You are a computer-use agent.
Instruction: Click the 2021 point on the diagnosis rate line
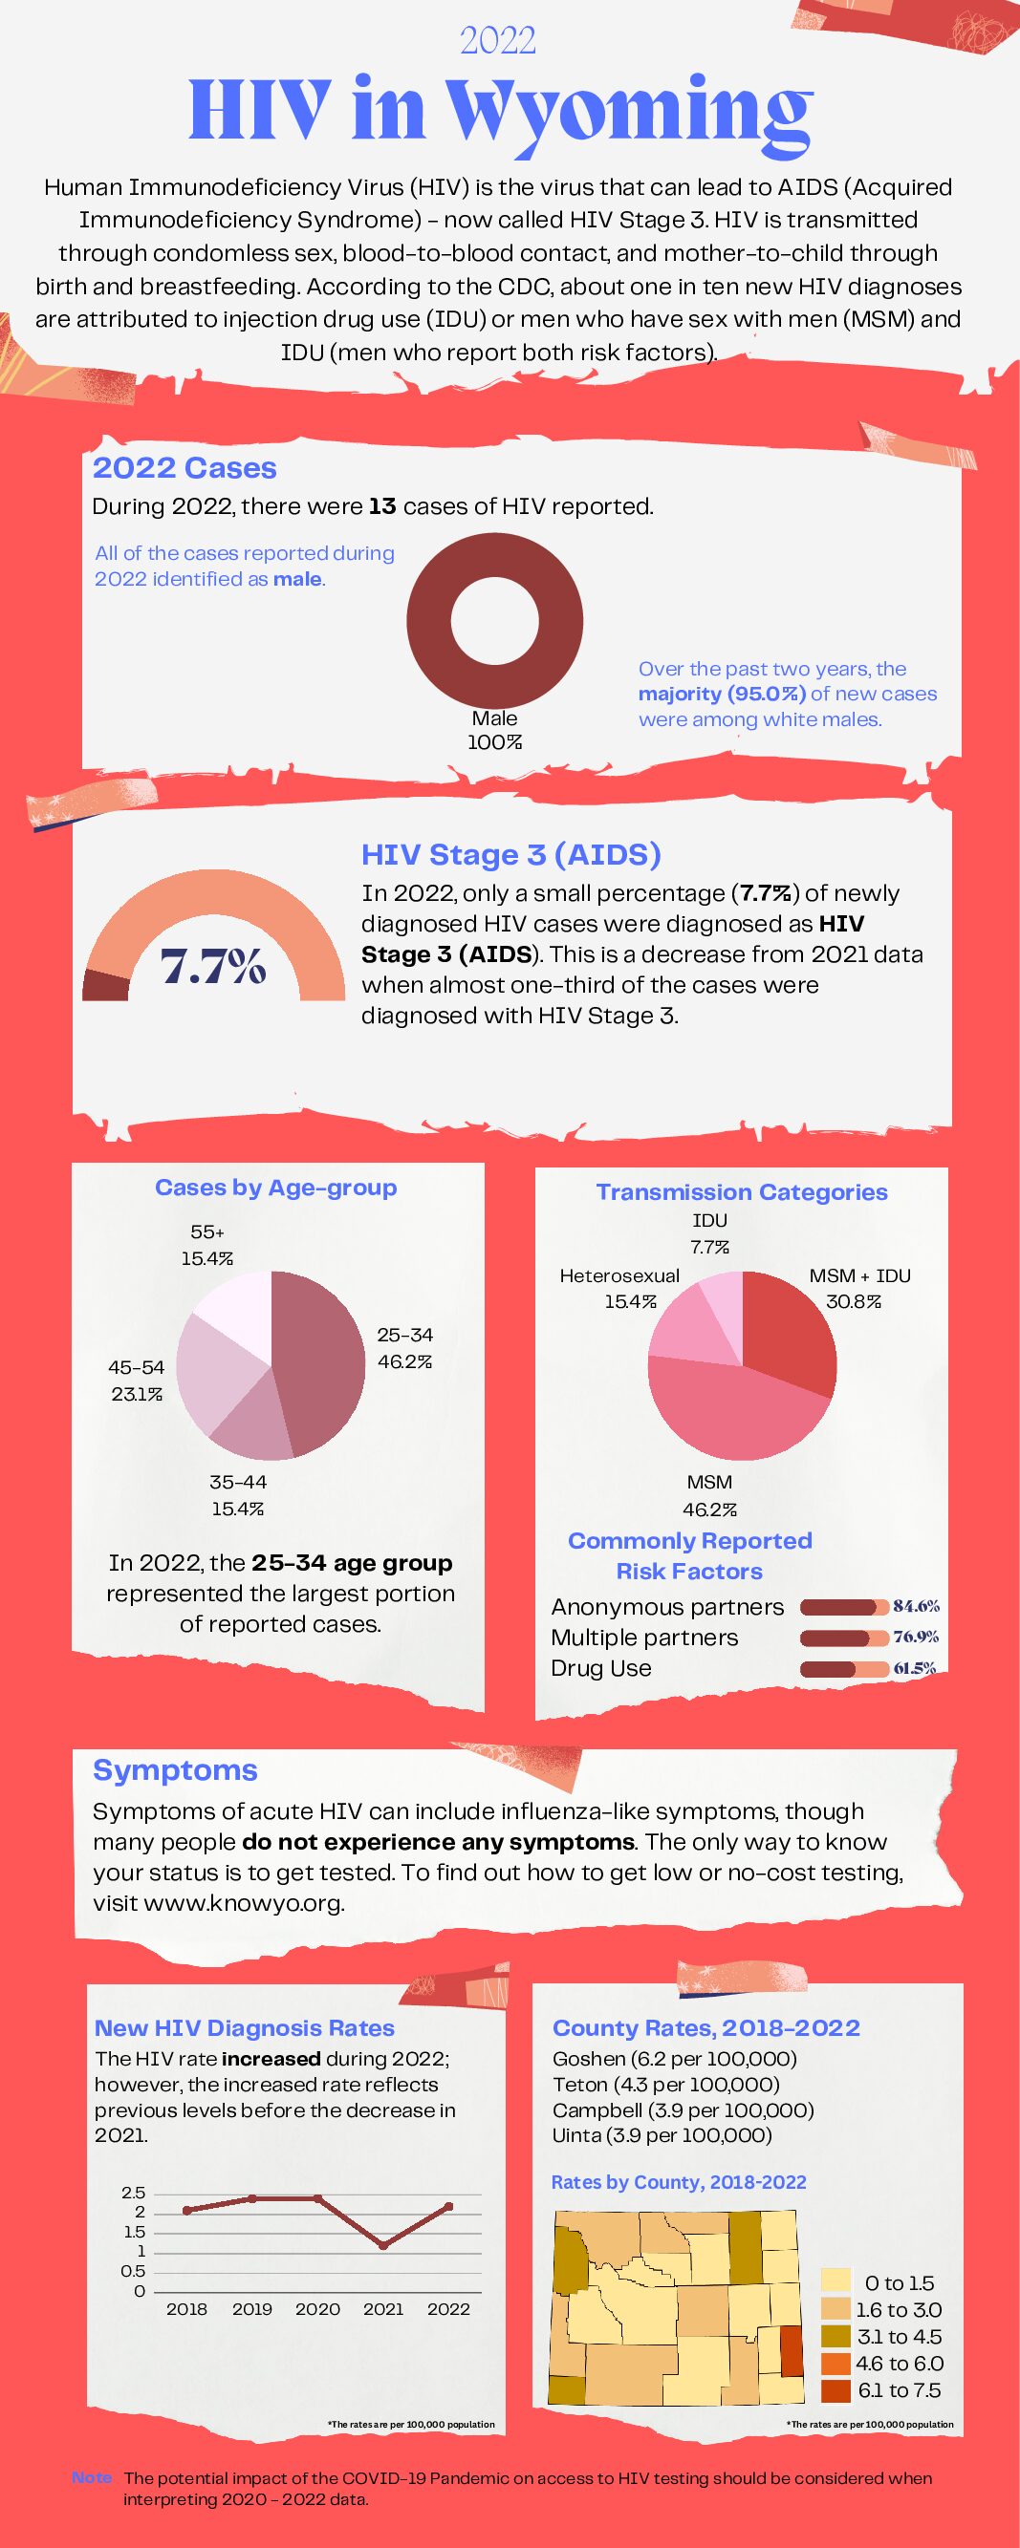coord(383,2245)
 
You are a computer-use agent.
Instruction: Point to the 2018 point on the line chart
coord(186,2210)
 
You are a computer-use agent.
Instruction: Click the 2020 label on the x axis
coord(317,2308)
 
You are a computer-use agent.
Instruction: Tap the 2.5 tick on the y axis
coord(134,2192)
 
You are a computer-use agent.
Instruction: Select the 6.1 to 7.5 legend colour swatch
coord(836,2390)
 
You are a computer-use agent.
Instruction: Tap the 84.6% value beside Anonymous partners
coord(916,1606)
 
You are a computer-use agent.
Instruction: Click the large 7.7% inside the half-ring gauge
coord(214,967)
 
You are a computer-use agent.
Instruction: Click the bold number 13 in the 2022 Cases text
coord(381,506)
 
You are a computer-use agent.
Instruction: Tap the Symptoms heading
coord(175,1769)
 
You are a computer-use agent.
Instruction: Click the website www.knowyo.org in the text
coord(244,1903)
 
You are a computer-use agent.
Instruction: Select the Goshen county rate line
coord(674,2059)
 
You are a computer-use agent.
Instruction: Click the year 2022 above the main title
coord(498,40)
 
